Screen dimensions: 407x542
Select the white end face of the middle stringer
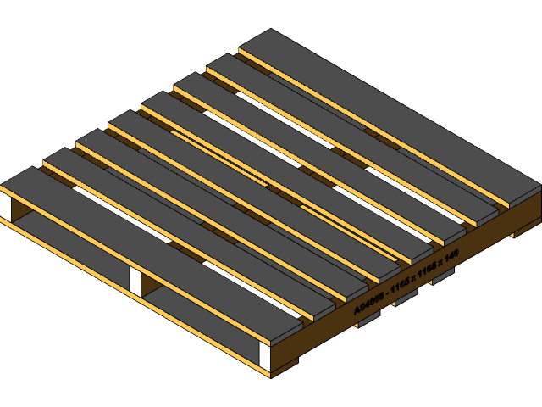tap(135, 282)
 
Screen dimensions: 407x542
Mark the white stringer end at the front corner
tap(264, 356)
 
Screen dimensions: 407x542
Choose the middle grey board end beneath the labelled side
tap(405, 297)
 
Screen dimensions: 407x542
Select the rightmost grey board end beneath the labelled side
tap(442, 276)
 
